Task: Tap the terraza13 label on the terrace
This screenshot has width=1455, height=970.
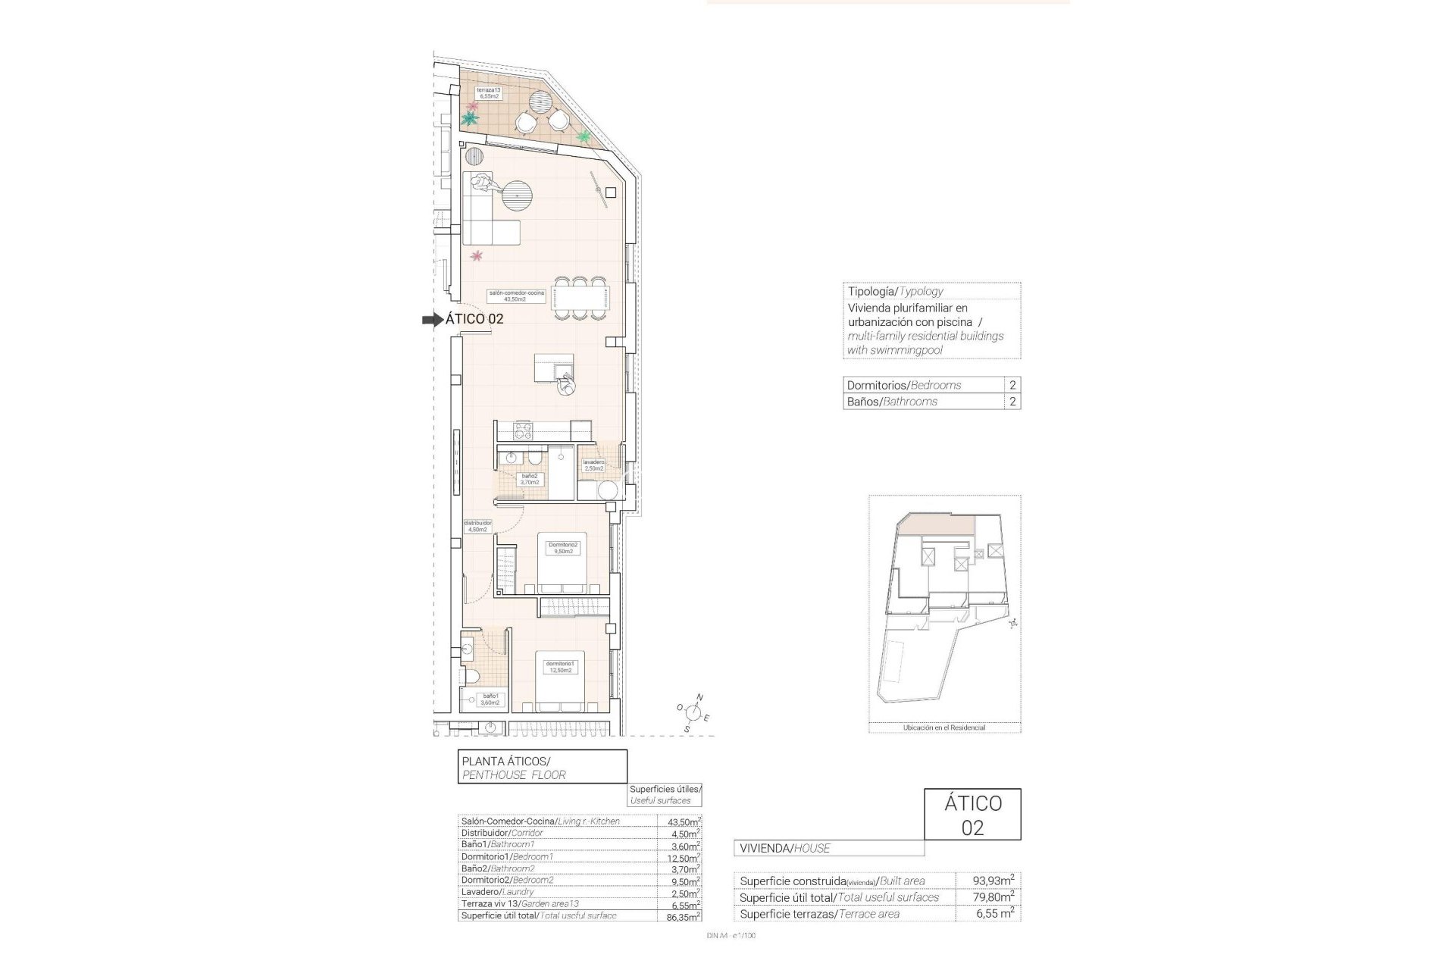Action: [x=488, y=93]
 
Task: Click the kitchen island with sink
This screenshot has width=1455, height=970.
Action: [x=554, y=368]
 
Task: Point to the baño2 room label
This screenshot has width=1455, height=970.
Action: [x=529, y=479]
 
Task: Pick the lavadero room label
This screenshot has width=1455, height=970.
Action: [x=593, y=465]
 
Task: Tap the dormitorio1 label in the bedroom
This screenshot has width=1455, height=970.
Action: [x=561, y=667]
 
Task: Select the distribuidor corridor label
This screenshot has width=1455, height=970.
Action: [x=478, y=526]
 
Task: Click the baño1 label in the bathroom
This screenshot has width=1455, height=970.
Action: [x=490, y=699]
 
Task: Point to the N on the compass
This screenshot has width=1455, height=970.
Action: [x=700, y=697]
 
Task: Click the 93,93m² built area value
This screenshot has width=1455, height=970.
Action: [x=993, y=881]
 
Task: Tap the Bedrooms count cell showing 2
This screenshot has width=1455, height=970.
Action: [x=1012, y=385]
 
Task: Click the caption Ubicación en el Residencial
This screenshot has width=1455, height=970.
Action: [x=943, y=727]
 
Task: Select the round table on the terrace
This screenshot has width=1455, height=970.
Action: [x=541, y=102]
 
